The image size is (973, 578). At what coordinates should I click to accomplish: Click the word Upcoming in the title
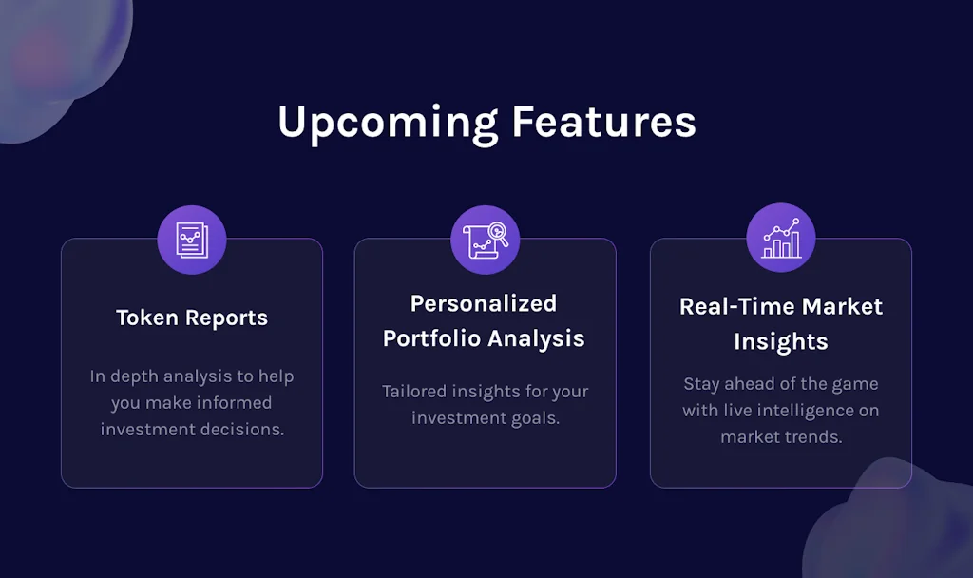[x=388, y=124]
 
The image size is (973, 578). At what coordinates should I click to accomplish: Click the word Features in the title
[x=603, y=122]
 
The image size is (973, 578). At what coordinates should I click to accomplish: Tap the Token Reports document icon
[x=192, y=240]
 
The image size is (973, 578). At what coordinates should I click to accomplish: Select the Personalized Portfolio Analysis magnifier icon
[x=486, y=241]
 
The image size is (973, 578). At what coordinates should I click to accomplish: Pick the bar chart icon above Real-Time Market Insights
[x=781, y=238]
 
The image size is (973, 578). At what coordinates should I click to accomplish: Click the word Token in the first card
[x=147, y=318]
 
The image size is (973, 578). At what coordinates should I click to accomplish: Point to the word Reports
[x=226, y=318]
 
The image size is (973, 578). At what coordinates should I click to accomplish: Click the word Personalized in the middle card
[x=484, y=303]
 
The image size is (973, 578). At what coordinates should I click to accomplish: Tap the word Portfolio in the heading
[x=432, y=338]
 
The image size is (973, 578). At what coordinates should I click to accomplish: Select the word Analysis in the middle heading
[x=536, y=339]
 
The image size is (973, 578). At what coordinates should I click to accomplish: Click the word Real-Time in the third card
[x=737, y=306]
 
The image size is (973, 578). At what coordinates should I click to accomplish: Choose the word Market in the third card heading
[x=842, y=306]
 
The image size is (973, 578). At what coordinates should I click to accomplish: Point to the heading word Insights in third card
[x=781, y=342]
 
